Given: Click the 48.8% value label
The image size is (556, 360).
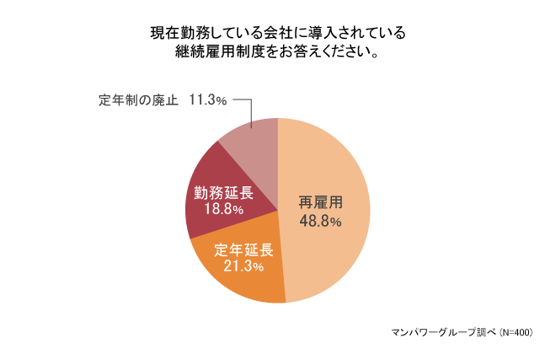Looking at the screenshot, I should pyautogui.click(x=320, y=222).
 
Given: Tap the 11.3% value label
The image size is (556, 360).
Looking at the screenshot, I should pyautogui.click(x=208, y=100).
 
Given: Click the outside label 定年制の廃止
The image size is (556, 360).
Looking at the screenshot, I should pyautogui.click(x=139, y=100).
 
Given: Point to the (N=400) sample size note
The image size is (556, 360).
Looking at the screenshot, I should pyautogui.click(x=516, y=332).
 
